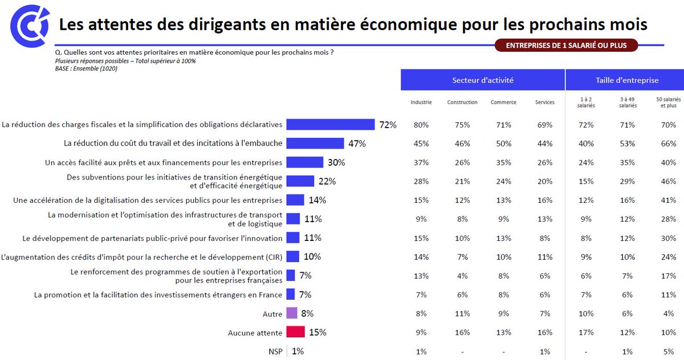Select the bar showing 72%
pos(330,125)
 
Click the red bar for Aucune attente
pos(295,332)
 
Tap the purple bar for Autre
pos(292,313)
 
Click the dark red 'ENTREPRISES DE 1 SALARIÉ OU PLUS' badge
pos(565,46)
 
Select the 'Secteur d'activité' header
pos(483,80)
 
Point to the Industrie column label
pos(421,103)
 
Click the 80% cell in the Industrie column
pos(421,125)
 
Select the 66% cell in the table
pos(668,144)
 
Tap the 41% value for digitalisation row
pos(668,201)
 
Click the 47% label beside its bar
pos(357,144)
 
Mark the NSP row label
pos(275,351)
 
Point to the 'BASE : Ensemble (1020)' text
pos(86,68)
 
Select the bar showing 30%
pos(304,162)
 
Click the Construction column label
pos(462,103)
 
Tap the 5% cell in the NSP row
pos(668,351)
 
